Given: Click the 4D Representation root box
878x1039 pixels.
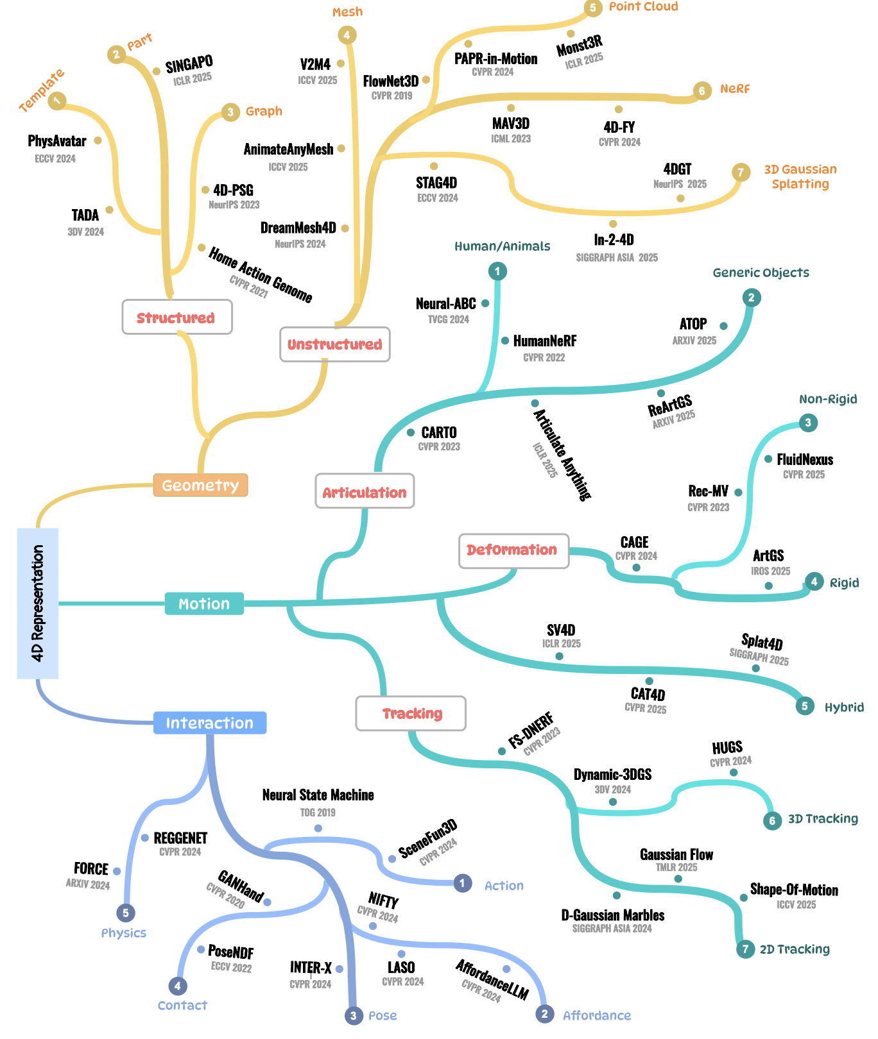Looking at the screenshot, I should pos(38,603).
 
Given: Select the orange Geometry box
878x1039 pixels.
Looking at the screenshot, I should pos(200,486).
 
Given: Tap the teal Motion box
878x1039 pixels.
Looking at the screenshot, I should pos(204,604).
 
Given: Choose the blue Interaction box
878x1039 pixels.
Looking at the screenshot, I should pos(210,723).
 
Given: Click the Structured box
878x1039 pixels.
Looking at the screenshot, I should pos(176,317).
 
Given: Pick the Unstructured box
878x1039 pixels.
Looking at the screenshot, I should pos(334,344).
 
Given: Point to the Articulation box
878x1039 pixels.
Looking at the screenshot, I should pos(365,492).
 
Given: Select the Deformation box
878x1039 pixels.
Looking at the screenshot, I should pos(513,550).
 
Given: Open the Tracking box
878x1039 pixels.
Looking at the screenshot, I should pos(411,713).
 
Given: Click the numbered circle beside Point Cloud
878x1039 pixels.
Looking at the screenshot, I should pos(592,8).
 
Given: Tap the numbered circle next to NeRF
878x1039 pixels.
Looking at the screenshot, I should pos(702,90).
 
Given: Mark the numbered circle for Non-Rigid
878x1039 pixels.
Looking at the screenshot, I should pos(808,423).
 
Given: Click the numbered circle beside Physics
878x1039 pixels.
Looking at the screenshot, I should pos(126,913).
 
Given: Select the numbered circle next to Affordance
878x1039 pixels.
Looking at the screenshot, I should pos(544,1014).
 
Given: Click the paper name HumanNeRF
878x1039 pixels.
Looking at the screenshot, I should pos(544,341).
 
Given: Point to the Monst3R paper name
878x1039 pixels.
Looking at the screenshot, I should pos(579,46).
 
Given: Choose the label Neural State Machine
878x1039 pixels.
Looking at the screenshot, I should pos(318,795).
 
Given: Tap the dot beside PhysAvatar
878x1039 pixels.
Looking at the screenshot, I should pos(98,140).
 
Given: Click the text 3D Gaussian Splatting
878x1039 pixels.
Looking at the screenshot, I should pos(800,177).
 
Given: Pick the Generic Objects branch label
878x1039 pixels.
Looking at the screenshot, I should pos(761,273).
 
